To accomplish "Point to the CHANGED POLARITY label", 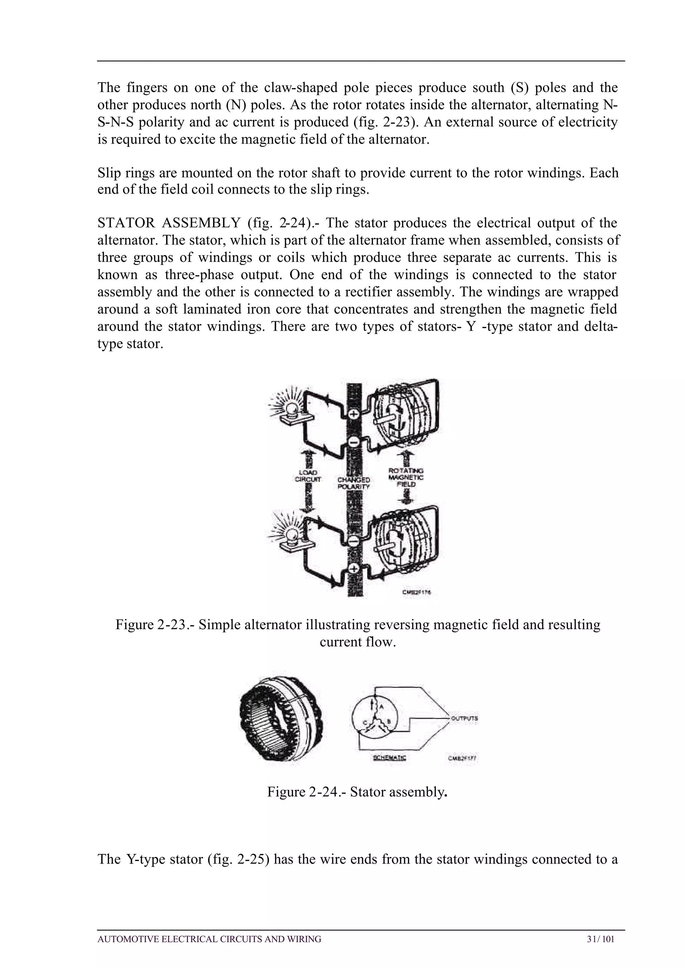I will tap(354, 483).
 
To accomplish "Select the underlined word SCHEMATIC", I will tap(389, 758).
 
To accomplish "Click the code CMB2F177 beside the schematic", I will tap(462, 758).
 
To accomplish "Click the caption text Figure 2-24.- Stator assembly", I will tap(357, 792).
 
